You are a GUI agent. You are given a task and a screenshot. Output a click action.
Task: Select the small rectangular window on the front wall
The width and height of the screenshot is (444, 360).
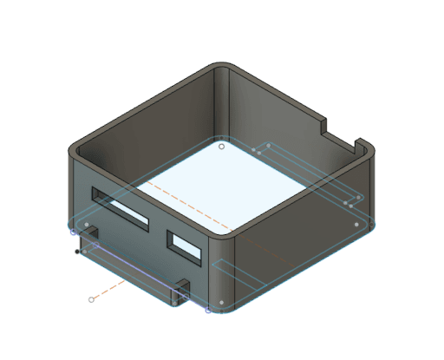(x=186, y=246)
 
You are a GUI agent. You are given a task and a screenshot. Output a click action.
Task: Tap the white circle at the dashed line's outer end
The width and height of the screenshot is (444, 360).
(x=91, y=299)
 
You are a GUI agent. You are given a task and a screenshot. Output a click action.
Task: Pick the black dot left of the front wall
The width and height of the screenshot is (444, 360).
(x=78, y=252)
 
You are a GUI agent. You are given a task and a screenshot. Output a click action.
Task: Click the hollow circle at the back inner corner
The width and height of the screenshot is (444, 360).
(x=221, y=147)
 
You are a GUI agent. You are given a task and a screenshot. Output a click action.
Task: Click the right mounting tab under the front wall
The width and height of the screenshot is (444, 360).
(x=180, y=293)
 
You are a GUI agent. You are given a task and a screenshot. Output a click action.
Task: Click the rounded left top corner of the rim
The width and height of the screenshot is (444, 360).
(x=74, y=153)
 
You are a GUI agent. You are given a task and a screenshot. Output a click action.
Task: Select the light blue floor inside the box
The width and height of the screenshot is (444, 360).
(x=221, y=187)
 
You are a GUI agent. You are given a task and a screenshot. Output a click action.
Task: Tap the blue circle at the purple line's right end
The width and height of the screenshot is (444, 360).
(x=208, y=309)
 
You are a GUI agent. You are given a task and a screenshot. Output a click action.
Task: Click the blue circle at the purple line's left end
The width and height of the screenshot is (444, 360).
(x=73, y=232)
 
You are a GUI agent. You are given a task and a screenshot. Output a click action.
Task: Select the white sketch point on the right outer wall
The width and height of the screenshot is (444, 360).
(x=356, y=225)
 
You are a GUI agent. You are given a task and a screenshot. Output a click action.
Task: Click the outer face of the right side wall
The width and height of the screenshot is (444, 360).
(x=304, y=243)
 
